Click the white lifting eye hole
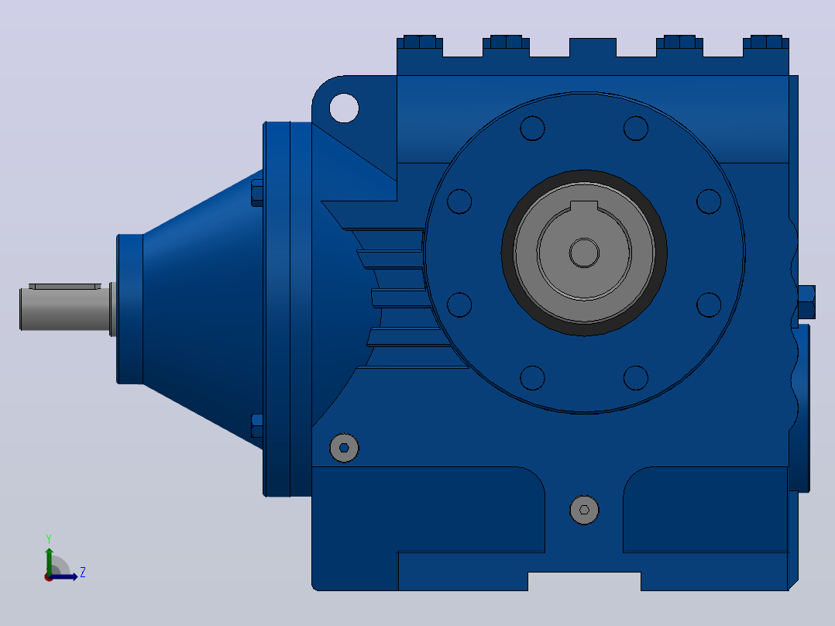(x=344, y=108)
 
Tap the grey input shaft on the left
(x=67, y=308)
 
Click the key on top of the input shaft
(x=65, y=286)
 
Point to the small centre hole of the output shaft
(x=584, y=253)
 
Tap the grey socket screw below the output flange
(x=584, y=510)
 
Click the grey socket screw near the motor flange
(x=344, y=448)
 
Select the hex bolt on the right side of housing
(x=806, y=302)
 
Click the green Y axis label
(x=49, y=538)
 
